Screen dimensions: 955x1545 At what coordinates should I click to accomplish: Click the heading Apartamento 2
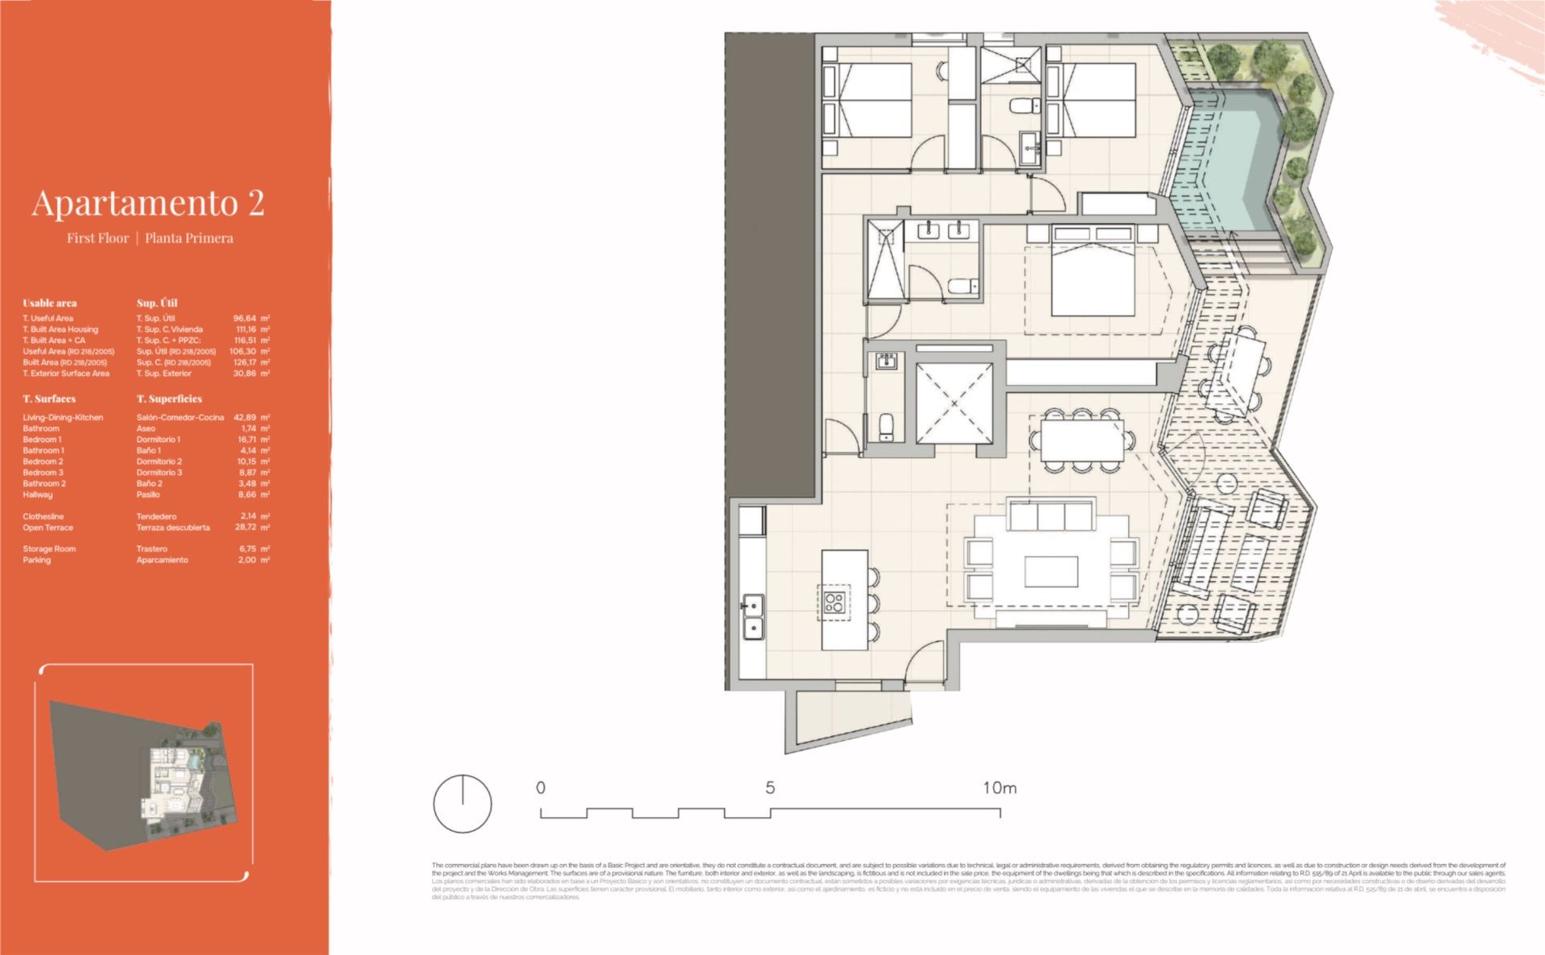[148, 203]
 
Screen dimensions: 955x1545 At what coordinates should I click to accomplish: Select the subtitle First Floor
[97, 238]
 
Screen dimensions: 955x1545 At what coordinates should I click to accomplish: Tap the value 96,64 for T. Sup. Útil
[245, 318]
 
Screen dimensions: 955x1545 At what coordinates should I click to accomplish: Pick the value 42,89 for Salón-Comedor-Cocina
[245, 417]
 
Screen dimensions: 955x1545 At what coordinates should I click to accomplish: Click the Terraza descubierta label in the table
[173, 527]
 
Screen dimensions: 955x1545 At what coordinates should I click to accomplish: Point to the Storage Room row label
[49, 548]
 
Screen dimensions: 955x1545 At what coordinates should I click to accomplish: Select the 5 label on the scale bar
[770, 788]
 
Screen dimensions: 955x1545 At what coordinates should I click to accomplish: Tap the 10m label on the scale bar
[999, 788]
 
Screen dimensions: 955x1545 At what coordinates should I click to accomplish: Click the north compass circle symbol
[463, 804]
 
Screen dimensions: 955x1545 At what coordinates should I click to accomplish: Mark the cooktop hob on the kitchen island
[834, 602]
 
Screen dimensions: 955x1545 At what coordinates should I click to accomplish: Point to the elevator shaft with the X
[954, 403]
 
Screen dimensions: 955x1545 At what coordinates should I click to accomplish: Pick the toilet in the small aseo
[886, 426]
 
